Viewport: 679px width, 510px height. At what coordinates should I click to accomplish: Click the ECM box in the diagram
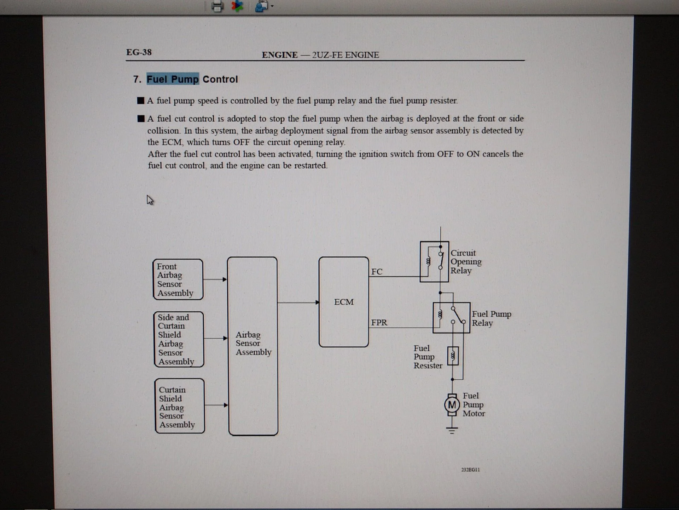point(343,302)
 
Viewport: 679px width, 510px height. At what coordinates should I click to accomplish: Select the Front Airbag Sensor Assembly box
point(178,279)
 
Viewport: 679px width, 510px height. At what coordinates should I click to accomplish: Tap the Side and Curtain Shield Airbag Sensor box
point(179,339)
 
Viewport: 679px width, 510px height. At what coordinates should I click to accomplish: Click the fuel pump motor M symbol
point(452,405)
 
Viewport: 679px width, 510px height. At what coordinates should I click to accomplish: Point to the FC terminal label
point(377,272)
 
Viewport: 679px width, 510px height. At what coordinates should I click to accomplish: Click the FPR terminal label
point(379,323)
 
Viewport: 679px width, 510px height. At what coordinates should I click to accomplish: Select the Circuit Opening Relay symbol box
point(434,262)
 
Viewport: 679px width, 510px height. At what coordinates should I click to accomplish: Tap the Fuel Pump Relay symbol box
point(451,318)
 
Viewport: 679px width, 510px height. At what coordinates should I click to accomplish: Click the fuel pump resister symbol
point(453,356)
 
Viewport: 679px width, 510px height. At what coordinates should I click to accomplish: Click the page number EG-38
point(139,52)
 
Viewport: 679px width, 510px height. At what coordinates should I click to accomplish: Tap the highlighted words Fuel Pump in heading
point(173,79)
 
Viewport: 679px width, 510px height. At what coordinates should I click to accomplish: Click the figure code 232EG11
point(470,470)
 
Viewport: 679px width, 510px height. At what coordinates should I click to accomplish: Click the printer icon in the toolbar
point(217,6)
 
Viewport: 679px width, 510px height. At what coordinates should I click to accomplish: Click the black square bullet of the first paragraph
point(141,101)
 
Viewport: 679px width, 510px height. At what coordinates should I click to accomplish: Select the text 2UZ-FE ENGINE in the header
point(345,55)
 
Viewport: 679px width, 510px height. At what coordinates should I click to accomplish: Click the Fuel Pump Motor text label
point(474,404)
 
